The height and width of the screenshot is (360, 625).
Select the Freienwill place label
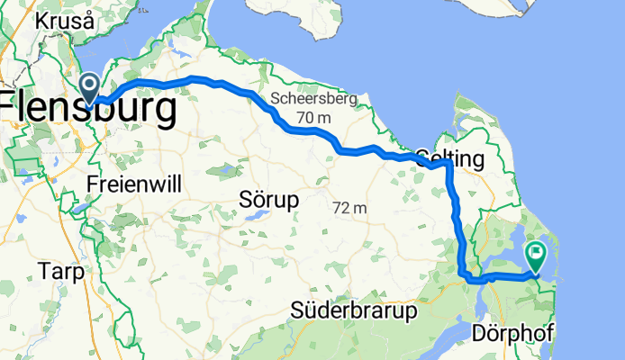tap(135, 184)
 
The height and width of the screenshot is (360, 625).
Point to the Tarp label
tap(62, 271)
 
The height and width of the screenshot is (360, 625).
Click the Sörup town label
tap(269, 198)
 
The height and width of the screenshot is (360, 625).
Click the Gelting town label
tap(450, 159)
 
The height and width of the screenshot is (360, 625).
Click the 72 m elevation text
tap(349, 208)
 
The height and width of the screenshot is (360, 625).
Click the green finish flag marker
tap(536, 256)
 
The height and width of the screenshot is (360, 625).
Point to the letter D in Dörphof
tap(479, 334)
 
